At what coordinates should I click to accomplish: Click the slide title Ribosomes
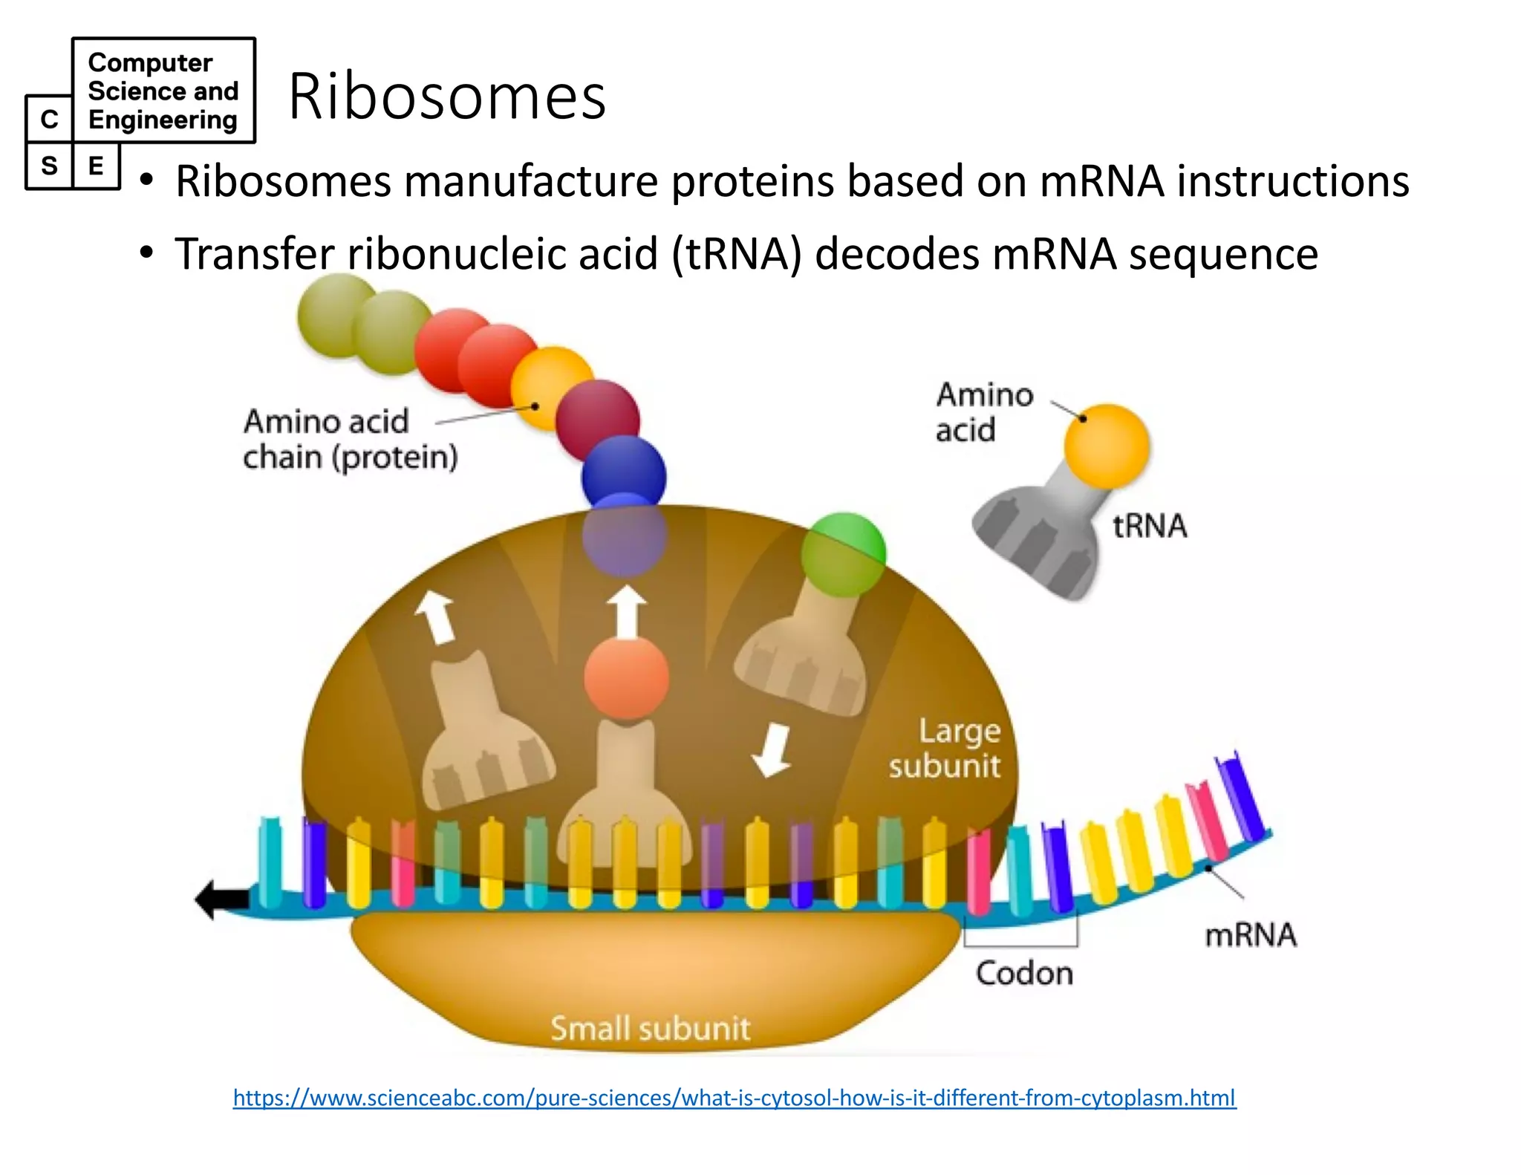pyautogui.click(x=447, y=97)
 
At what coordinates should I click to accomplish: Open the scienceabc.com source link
pyautogui.click(x=734, y=1097)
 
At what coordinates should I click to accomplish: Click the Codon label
pyautogui.click(x=1024, y=973)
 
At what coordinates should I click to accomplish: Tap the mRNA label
pyautogui.click(x=1250, y=934)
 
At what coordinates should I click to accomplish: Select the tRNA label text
pyautogui.click(x=1149, y=526)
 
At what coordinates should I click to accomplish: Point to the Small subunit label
pyautogui.click(x=650, y=1029)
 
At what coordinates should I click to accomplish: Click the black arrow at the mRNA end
pyautogui.click(x=221, y=899)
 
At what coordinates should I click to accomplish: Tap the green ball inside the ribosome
pyautogui.click(x=844, y=553)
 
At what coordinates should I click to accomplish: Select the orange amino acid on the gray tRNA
pyautogui.click(x=1106, y=446)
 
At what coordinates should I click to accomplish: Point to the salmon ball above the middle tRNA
pyautogui.click(x=626, y=677)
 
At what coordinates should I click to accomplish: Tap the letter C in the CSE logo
pyautogui.click(x=49, y=120)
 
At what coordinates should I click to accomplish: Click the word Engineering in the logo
pyautogui.click(x=163, y=120)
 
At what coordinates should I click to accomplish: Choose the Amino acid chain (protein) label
pyautogui.click(x=349, y=439)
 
